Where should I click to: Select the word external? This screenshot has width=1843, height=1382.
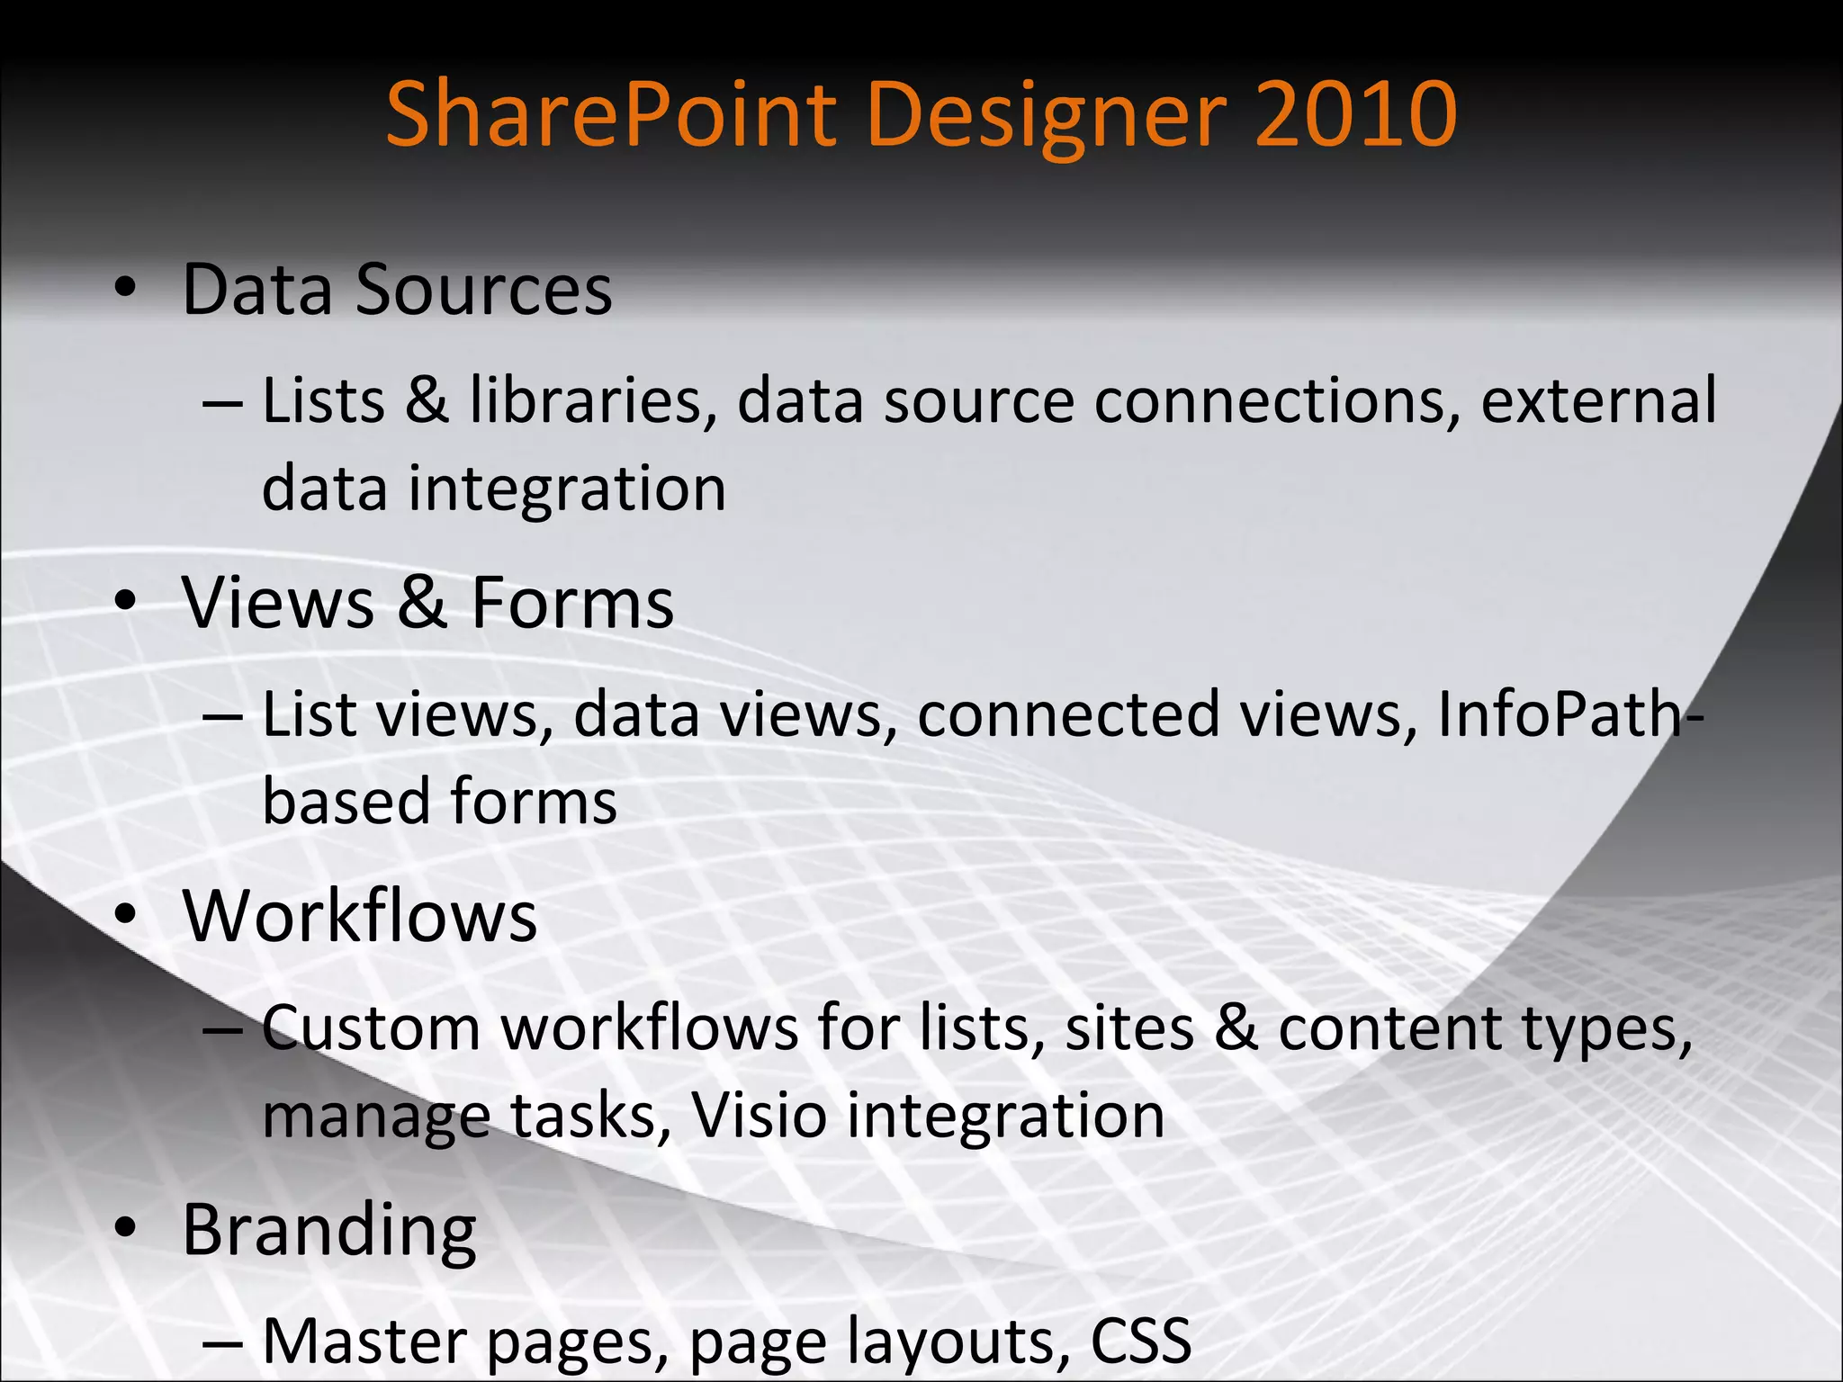coord(1598,400)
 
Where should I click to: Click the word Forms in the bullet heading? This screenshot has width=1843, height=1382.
coord(572,602)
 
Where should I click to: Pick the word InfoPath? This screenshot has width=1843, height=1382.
coord(1560,714)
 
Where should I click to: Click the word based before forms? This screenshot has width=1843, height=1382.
coord(346,801)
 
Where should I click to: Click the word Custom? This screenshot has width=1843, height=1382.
coord(371,1028)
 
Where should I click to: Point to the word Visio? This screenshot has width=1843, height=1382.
coord(759,1116)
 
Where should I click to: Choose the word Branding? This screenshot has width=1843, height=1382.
coord(329,1231)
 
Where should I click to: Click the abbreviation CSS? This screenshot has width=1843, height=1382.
coord(1140,1341)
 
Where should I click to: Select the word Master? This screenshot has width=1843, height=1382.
coord(364,1341)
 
